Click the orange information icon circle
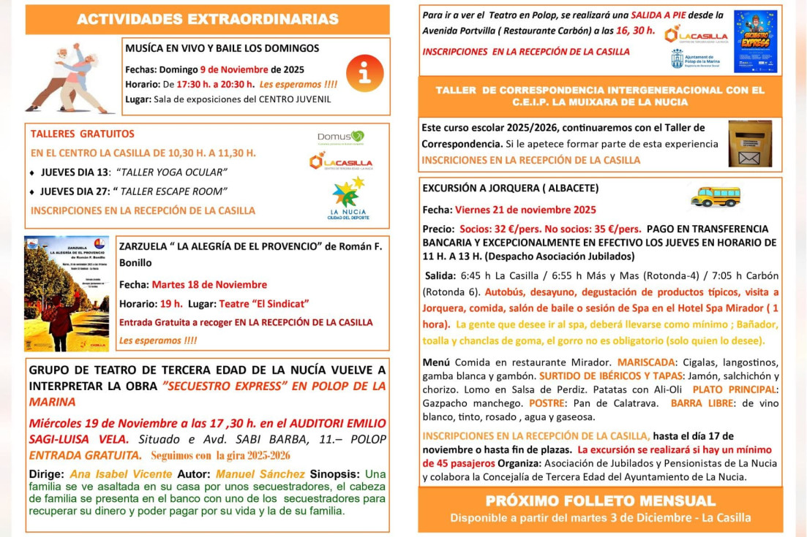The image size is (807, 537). click(x=364, y=73)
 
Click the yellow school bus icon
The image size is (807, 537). click(x=715, y=196)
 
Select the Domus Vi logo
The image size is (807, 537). click(x=341, y=137)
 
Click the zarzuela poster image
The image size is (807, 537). click(x=67, y=293)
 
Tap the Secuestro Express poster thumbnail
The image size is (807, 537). click(x=755, y=42)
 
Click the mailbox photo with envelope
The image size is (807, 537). click(x=750, y=144)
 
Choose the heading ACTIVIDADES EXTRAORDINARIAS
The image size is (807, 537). click(x=208, y=20)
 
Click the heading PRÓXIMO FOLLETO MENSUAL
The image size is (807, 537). click(x=600, y=501)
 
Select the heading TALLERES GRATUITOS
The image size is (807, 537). click(x=83, y=134)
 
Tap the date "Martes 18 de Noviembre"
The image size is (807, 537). click(x=209, y=284)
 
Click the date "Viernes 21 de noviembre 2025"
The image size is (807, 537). click(x=525, y=210)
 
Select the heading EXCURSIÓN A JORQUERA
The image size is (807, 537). click(x=510, y=188)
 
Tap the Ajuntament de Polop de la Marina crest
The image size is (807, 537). click(x=677, y=59)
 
